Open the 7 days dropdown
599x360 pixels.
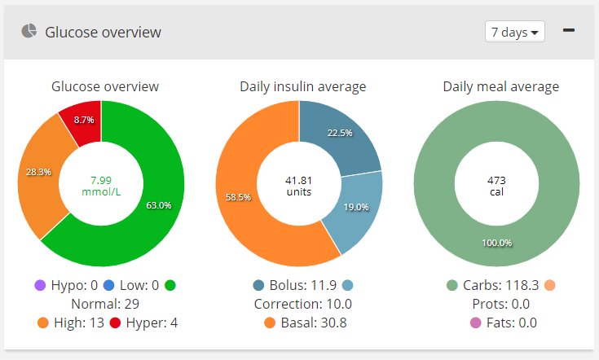click(514, 33)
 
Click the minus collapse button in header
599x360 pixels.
click(569, 31)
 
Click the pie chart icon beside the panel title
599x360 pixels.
click(29, 32)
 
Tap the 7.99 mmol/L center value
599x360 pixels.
click(101, 185)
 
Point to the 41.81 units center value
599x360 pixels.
click(298, 185)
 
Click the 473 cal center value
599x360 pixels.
click(496, 185)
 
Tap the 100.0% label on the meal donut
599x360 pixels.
click(496, 243)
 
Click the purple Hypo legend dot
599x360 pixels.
click(39, 285)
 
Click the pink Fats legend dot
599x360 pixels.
click(476, 323)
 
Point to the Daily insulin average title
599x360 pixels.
click(302, 86)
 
